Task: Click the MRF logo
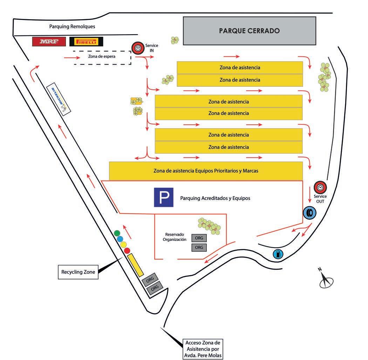coord(49,42)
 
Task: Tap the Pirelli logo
coord(86,42)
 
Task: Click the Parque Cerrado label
coord(249,31)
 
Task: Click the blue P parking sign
coord(164,197)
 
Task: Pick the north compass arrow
coord(326,280)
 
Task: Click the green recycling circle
coord(117,233)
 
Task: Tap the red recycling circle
coord(127,250)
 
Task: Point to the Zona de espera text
coord(102,56)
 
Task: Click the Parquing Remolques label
coord(72,26)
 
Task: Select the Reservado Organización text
coord(174,237)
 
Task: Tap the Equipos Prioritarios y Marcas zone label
coord(206,171)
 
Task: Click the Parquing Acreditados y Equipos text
coord(215,198)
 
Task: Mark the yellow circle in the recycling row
coord(123,244)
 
